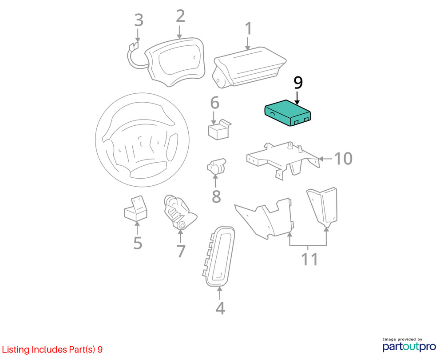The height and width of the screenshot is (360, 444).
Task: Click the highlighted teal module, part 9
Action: pyautogui.click(x=288, y=113)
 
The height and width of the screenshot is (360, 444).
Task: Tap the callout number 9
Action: pyautogui.click(x=298, y=83)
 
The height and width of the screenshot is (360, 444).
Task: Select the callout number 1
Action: pyautogui.click(x=248, y=28)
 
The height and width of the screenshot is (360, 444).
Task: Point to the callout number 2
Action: pyautogui.click(x=180, y=16)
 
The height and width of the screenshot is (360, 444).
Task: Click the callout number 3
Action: pyautogui.click(x=139, y=20)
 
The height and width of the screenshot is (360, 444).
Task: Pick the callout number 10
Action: pyautogui.click(x=344, y=159)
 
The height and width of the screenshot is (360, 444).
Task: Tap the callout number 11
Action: pyautogui.click(x=309, y=259)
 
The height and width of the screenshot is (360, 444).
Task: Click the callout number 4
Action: pyautogui.click(x=220, y=308)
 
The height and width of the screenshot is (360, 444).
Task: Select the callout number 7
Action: pyautogui.click(x=181, y=251)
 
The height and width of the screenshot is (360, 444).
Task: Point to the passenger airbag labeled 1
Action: pyautogui.click(x=249, y=68)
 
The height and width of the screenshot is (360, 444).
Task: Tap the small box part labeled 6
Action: pyautogui.click(x=220, y=130)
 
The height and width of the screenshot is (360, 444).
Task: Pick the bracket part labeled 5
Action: pyautogui.click(x=135, y=208)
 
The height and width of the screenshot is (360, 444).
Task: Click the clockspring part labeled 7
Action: pyautogui.click(x=179, y=212)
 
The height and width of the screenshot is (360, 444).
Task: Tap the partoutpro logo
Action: pyautogui.click(x=409, y=345)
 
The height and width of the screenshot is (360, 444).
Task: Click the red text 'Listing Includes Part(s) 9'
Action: pyautogui.click(x=52, y=349)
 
